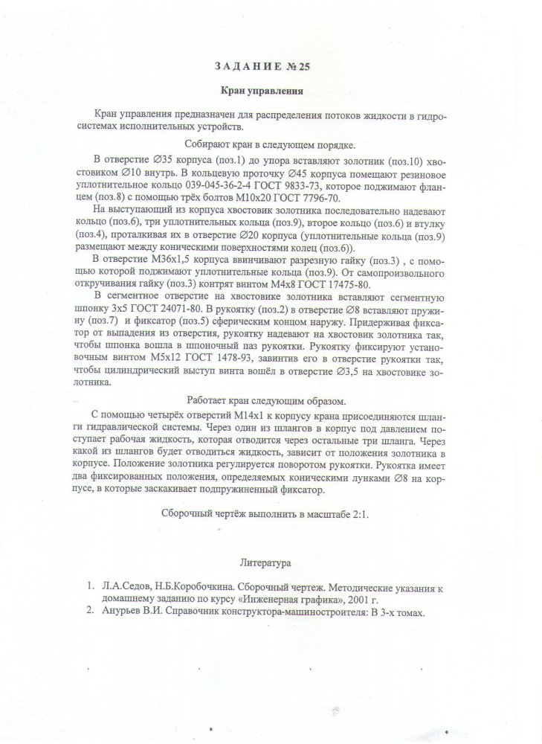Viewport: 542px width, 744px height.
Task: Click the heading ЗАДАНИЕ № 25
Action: point(264,66)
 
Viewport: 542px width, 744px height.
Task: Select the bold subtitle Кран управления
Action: point(264,92)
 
